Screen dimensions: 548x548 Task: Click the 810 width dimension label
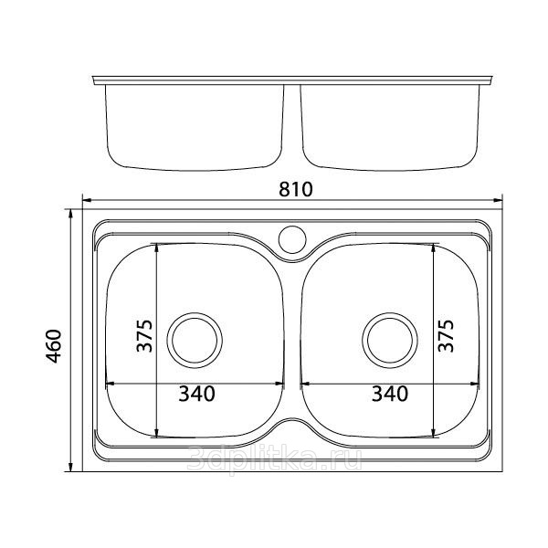coord(296,189)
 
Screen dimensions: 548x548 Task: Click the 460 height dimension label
coord(54,346)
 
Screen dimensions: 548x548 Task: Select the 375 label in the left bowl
coord(144,336)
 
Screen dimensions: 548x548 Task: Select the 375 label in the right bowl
coord(447,336)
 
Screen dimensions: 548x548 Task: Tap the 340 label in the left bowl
coord(196,394)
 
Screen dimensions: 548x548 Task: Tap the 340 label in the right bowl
coord(390,394)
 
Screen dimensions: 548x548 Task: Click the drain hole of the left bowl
coord(195,340)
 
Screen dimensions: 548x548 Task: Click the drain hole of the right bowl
coord(390,340)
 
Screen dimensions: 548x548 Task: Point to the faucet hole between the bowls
coord(292,239)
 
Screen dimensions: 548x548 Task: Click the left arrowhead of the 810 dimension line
coord(87,200)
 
